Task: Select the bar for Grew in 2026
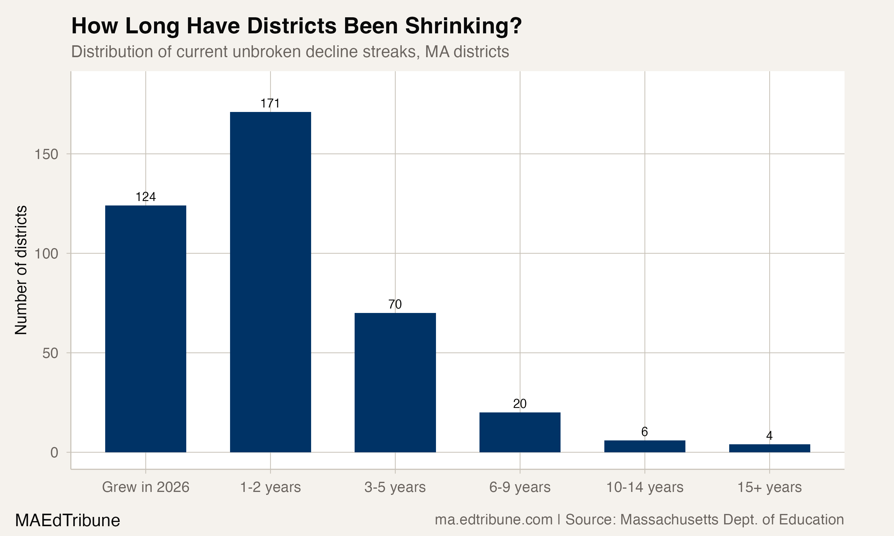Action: (146, 329)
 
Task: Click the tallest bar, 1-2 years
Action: (270, 282)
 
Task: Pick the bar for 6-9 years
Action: (520, 432)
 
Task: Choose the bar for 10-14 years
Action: (645, 446)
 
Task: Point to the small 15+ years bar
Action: (769, 448)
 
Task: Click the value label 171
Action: (270, 104)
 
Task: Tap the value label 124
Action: (146, 197)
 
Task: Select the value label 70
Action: (395, 305)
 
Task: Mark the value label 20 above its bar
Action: (520, 404)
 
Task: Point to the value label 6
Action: (645, 431)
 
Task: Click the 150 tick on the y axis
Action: (46, 154)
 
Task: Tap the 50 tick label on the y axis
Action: (50, 353)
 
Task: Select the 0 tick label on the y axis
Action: (54, 453)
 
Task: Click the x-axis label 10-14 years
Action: (645, 487)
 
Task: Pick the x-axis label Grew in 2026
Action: (146, 487)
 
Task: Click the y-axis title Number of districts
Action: (21, 270)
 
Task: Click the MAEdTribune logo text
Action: (68, 521)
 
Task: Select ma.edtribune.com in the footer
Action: (493, 520)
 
